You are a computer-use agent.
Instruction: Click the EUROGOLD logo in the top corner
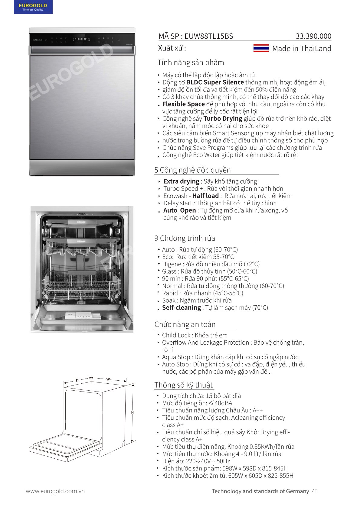pos(33,7)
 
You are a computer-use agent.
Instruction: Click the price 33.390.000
pos(313,36)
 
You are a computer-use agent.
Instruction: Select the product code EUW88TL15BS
pos(209,36)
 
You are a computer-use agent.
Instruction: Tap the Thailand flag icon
pos(261,48)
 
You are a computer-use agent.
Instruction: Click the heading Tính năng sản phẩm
pos(191,63)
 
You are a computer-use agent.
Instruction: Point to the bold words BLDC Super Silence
pos(215,82)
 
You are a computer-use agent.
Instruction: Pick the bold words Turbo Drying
pos(223,119)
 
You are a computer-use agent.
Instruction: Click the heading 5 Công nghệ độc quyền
pos(192,170)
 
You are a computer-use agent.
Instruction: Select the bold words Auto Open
pos(179,210)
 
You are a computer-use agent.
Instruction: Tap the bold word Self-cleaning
pos(182,308)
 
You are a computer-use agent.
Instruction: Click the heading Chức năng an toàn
pos(185,324)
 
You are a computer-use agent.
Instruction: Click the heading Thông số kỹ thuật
pos(183,385)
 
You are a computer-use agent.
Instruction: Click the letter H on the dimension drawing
pos(132,412)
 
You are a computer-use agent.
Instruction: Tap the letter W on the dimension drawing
pos(108,379)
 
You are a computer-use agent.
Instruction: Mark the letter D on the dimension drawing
pos(77,380)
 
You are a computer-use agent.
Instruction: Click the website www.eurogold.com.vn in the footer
pos(55,491)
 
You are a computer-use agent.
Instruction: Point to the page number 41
pos(315,491)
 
